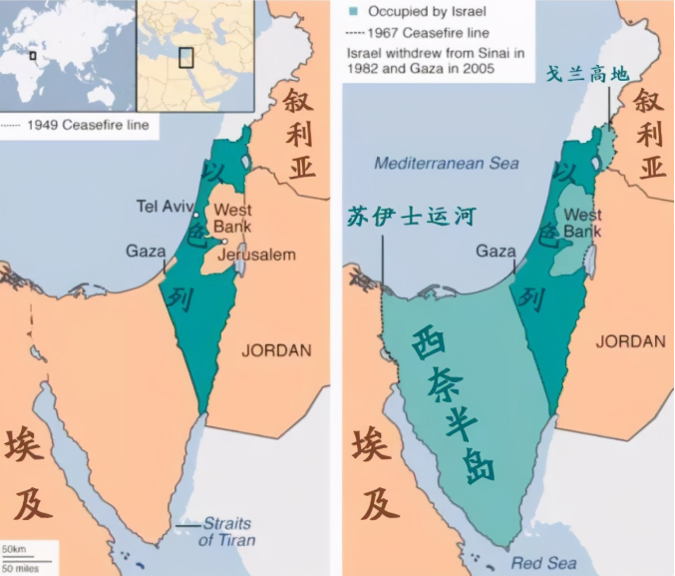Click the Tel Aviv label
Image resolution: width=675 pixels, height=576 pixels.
pos(163,207)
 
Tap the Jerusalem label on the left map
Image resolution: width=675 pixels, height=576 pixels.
pos(257,255)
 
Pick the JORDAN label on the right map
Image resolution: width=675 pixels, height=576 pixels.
pos(630,341)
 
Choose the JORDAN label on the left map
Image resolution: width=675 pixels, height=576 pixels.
pos(276,350)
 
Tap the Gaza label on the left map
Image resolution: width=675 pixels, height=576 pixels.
pos(145,251)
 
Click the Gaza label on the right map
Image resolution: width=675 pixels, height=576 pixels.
pos(496,251)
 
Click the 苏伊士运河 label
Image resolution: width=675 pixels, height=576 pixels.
pos(410,215)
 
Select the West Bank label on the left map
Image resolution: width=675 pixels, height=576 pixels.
pos(232,219)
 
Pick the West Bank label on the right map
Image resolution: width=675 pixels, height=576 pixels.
pos(583,223)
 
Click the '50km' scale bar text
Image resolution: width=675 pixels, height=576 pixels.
pos(13,550)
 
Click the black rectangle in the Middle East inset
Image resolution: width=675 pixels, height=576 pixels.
pos(185,56)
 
